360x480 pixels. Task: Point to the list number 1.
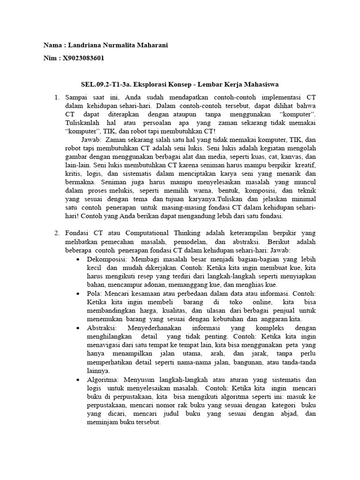click(x=56, y=97)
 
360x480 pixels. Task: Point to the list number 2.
click(x=56, y=233)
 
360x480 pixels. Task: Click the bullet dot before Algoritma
click(x=78, y=379)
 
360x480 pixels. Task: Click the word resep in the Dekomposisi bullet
click(x=149, y=276)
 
